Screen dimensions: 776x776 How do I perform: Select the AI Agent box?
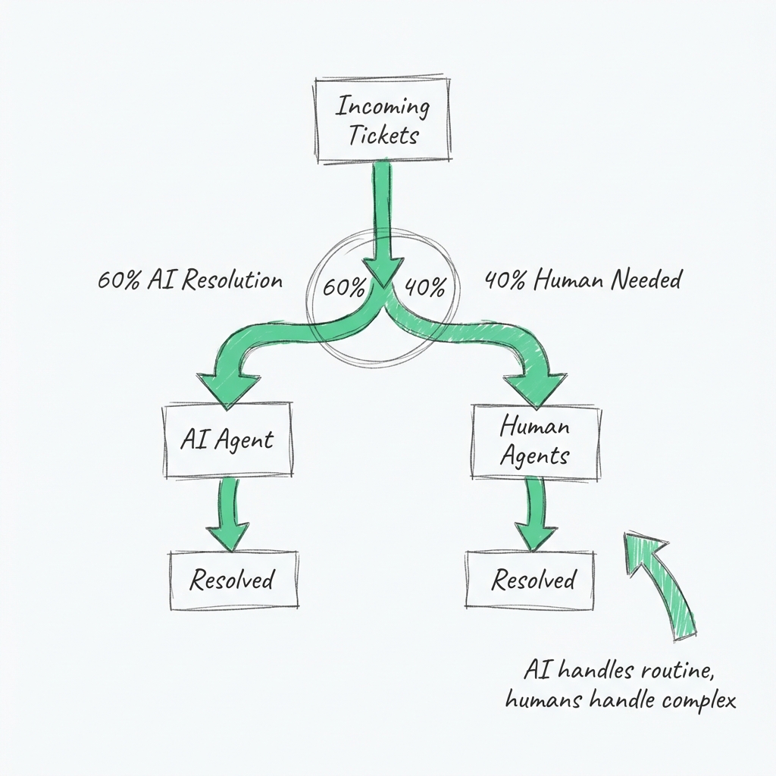pos(227,440)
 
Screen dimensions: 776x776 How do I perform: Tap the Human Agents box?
pos(535,441)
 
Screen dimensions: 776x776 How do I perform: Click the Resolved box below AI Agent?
pos(232,580)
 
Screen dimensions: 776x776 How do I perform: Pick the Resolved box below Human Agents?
pos(533,580)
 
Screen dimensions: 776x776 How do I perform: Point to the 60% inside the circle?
pos(344,288)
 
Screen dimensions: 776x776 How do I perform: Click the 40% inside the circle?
pos(425,288)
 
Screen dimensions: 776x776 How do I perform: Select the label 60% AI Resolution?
pos(190,280)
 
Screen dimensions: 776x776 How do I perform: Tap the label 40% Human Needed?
pos(582,280)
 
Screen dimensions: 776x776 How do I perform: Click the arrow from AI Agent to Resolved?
pos(228,515)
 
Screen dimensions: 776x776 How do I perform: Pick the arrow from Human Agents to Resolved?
pos(535,515)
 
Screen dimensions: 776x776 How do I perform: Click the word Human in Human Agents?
pos(534,426)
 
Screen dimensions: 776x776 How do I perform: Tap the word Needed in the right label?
pos(645,280)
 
